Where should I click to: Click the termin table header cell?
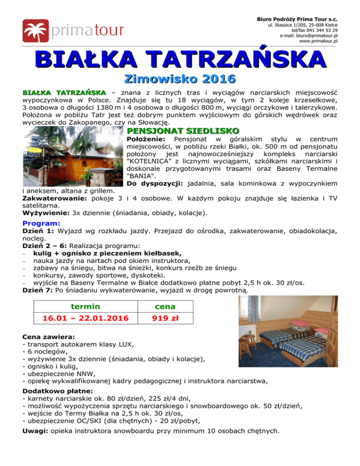(x=85, y=307)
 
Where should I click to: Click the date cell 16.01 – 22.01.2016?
(x=85, y=320)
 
